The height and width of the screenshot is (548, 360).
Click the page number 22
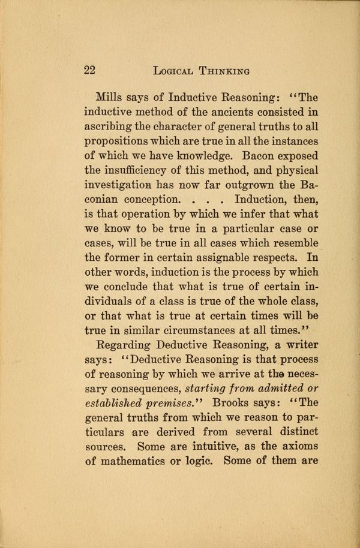point(89,70)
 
